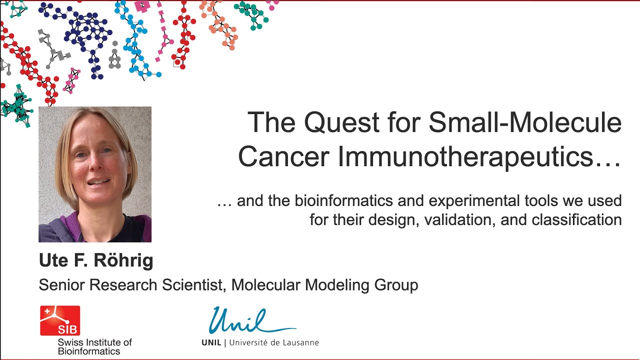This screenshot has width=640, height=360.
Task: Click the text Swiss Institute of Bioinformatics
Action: tap(94, 346)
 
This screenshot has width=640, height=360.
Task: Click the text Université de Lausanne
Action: tap(273, 343)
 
